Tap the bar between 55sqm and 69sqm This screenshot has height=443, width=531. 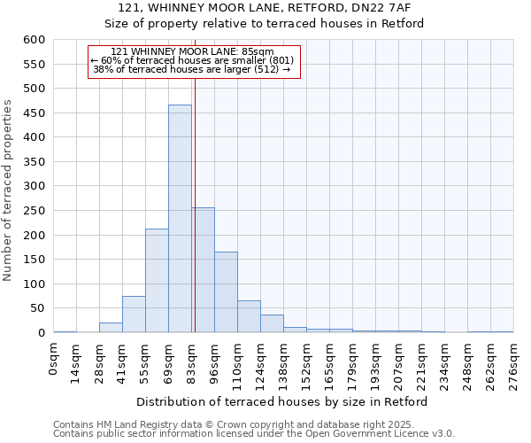point(157,281)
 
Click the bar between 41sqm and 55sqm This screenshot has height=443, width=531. point(134,315)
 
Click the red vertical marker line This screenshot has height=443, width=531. point(195,177)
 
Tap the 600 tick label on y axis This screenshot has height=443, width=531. point(34,40)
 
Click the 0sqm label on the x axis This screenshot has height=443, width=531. point(54,359)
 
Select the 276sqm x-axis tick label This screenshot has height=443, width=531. point(513,363)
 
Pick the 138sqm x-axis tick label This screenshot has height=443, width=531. point(283,363)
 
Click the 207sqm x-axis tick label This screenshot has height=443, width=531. point(398,363)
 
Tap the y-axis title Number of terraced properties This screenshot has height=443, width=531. point(8,190)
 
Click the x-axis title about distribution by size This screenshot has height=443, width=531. point(282,402)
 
